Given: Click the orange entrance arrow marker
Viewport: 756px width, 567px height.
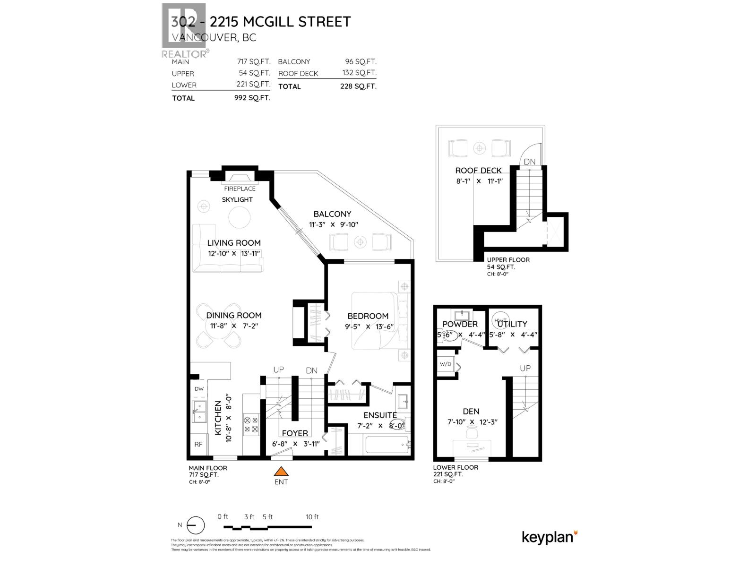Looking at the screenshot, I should pyautogui.click(x=281, y=471).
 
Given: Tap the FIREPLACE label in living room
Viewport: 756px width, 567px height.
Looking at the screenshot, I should pyautogui.click(x=240, y=189).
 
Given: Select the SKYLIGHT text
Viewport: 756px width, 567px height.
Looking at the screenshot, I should pyautogui.click(x=237, y=199).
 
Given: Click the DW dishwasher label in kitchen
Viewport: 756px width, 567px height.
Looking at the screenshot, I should pyautogui.click(x=199, y=389).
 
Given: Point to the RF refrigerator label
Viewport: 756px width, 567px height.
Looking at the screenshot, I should pyautogui.click(x=198, y=444).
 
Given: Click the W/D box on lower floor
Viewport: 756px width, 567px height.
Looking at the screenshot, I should pyautogui.click(x=446, y=364).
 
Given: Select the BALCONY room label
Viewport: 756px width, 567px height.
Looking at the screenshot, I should pyautogui.click(x=332, y=214).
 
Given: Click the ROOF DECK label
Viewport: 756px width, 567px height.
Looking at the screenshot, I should pyautogui.click(x=478, y=171).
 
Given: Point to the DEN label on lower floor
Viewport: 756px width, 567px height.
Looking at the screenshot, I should pyautogui.click(x=471, y=412).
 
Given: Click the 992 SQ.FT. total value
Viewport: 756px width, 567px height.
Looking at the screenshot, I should pyautogui.click(x=252, y=98).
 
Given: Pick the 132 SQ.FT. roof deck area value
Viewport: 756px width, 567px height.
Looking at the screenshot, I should pyautogui.click(x=359, y=73).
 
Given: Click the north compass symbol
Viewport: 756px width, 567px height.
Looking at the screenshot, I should pyautogui.click(x=195, y=525).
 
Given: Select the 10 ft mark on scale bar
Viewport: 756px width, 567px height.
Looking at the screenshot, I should pyautogui.click(x=312, y=517).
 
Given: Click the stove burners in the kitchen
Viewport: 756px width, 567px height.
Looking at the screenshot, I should pyautogui.click(x=250, y=424).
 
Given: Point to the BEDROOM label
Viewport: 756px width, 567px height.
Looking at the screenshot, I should pyautogui.click(x=368, y=316).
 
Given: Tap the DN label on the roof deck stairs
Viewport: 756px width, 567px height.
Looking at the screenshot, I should pyautogui.click(x=530, y=162).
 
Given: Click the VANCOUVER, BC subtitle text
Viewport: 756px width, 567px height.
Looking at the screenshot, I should pyautogui.click(x=214, y=37).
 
